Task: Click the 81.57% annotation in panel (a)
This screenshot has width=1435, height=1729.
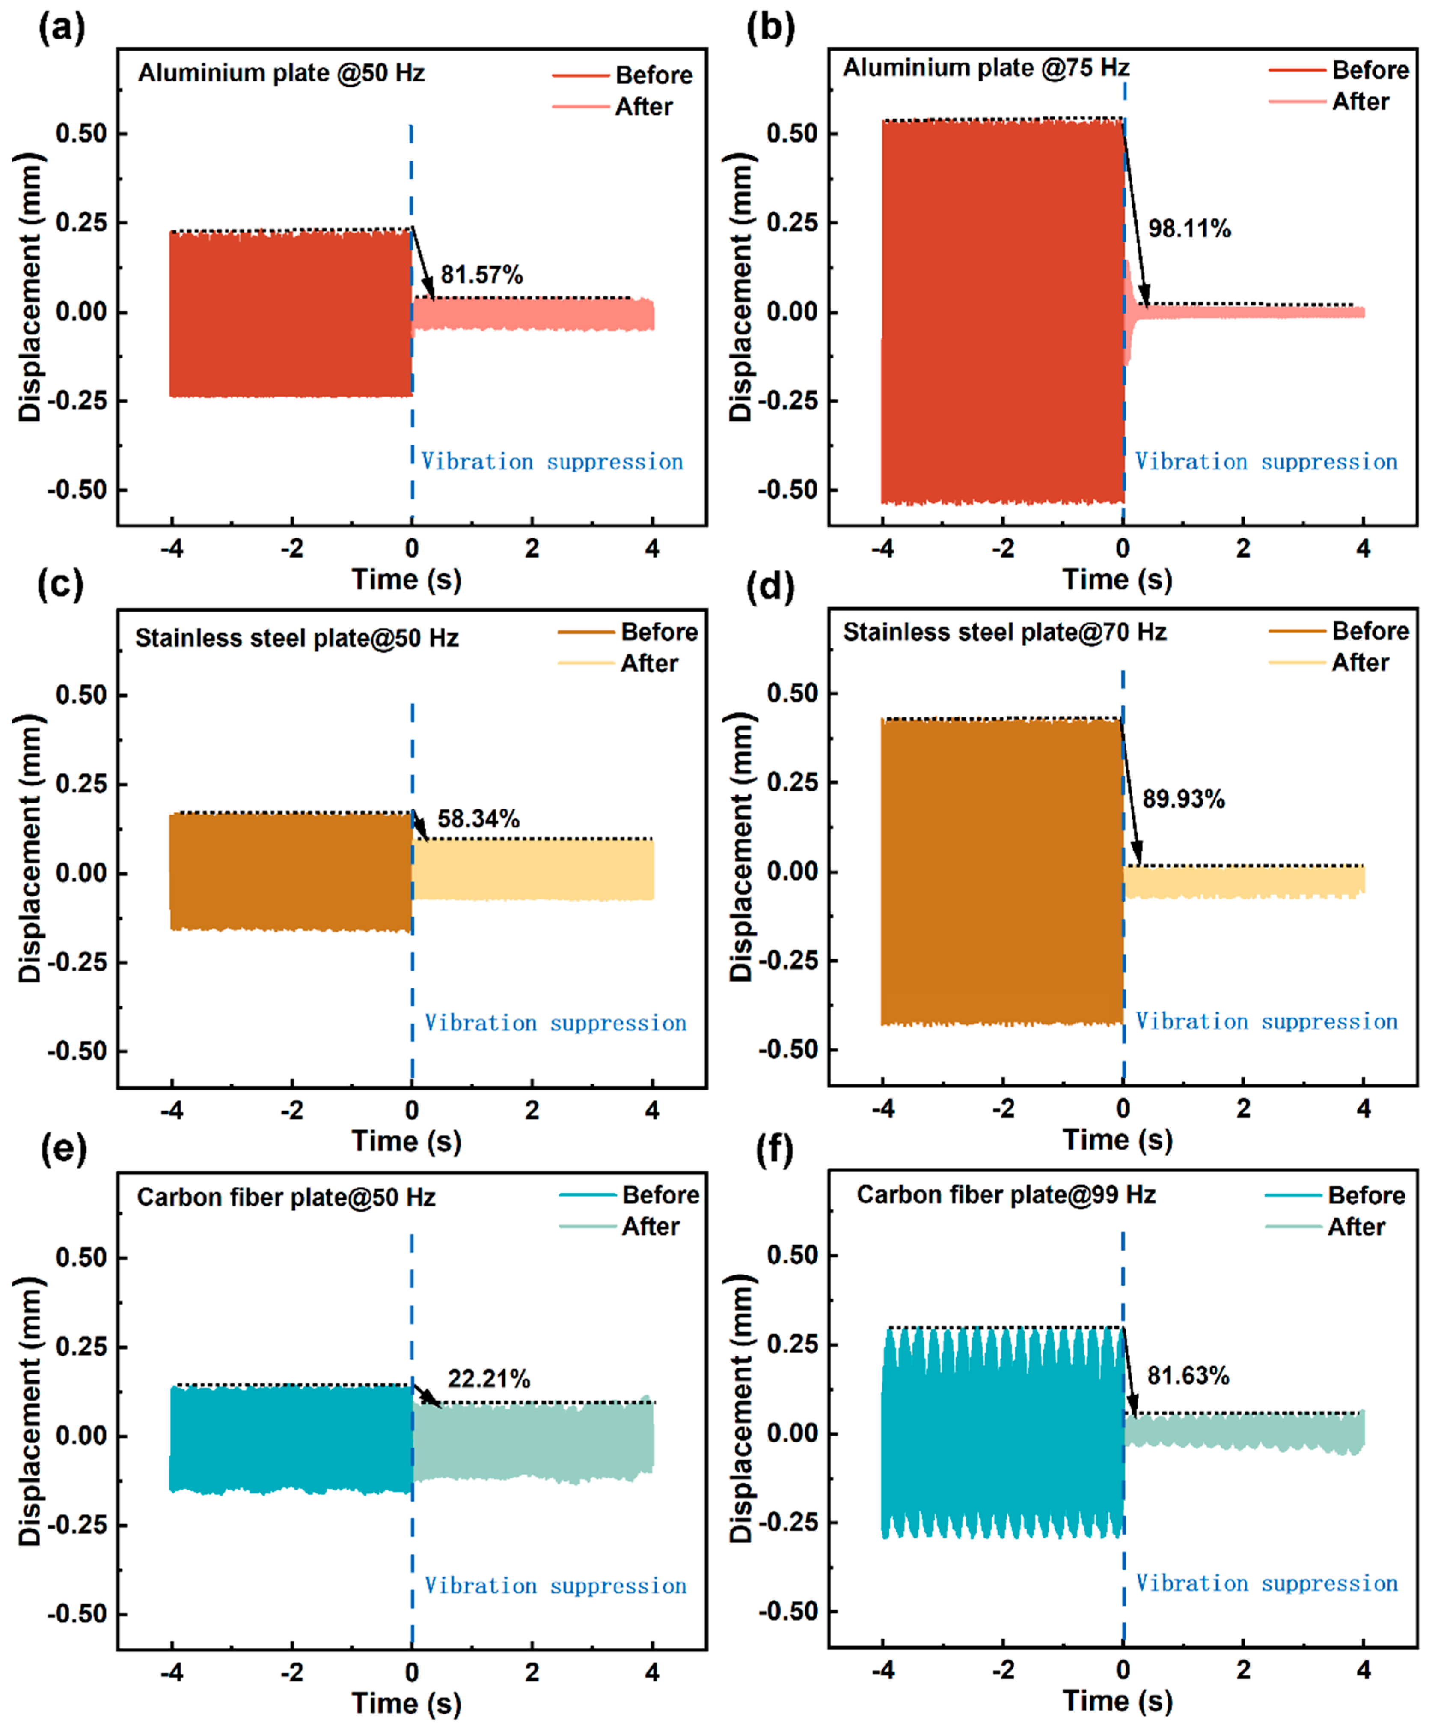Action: pyautogui.click(x=481, y=274)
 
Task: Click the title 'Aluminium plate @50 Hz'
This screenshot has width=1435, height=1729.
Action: pyautogui.click(x=282, y=73)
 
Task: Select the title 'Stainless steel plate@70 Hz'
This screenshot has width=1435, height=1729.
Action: pyautogui.click(x=1004, y=632)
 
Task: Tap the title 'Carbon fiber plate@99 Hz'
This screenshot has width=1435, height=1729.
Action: pyautogui.click(x=1005, y=1194)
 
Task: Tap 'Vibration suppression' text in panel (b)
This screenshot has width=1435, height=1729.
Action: pyautogui.click(x=1266, y=461)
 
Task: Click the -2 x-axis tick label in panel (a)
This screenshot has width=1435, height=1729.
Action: pyautogui.click(x=291, y=548)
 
